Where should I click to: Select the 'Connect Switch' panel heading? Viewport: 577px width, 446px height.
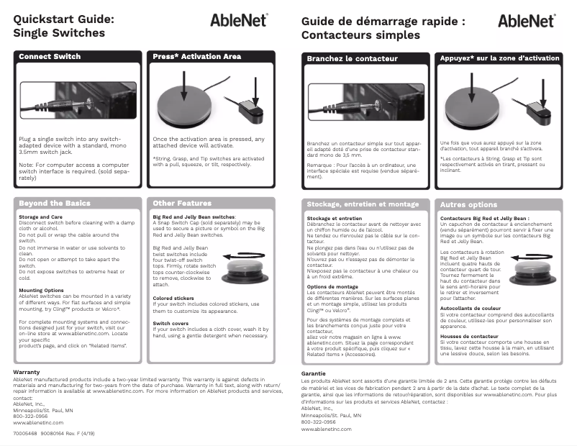click(x=50, y=57)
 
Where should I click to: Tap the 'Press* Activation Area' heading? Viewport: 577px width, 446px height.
click(x=197, y=57)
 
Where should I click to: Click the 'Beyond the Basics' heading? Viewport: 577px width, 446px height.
click(x=55, y=204)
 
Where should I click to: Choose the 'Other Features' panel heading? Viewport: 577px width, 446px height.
click(x=182, y=204)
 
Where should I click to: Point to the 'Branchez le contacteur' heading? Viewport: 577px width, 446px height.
click(x=353, y=58)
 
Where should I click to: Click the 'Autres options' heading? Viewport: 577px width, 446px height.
click(x=468, y=204)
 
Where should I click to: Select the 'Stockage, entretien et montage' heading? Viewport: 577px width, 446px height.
click(x=363, y=204)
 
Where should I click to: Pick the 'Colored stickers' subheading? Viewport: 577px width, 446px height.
click(x=172, y=298)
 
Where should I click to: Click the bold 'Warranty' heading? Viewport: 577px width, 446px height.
click(x=27, y=372)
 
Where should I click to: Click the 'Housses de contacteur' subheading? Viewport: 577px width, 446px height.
click(x=469, y=337)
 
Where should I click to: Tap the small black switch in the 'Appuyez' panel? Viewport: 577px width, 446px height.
click(x=537, y=109)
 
